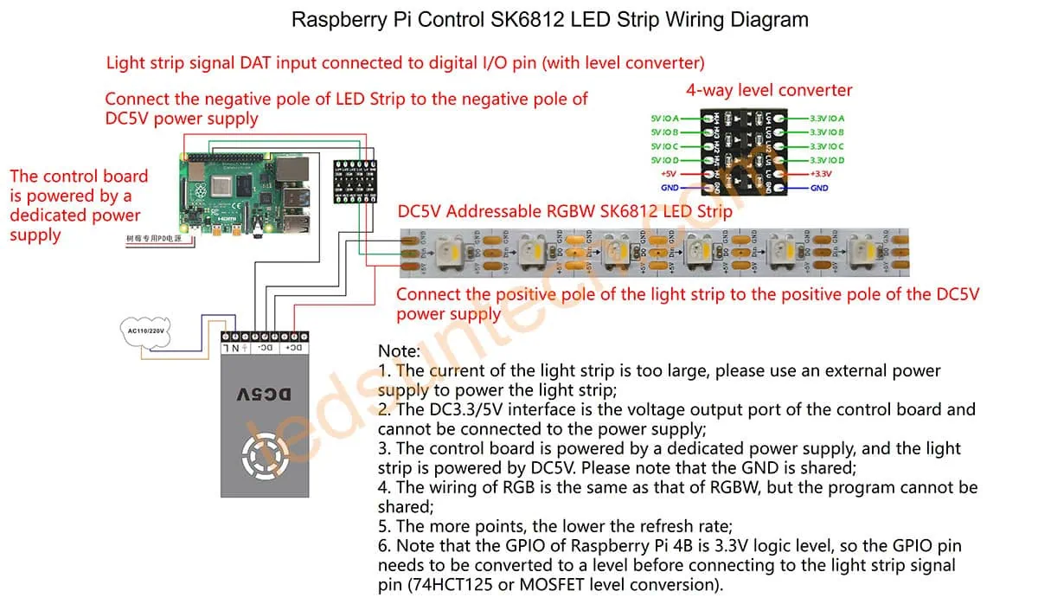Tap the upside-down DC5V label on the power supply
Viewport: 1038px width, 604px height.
(x=264, y=394)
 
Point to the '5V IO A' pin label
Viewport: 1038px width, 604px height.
(x=664, y=119)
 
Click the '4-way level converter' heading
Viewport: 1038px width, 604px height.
(x=768, y=90)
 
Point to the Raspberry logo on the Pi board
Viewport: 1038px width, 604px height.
(x=204, y=191)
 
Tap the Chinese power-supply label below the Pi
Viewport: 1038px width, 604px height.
(x=153, y=238)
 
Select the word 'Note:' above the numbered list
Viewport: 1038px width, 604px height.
(x=399, y=351)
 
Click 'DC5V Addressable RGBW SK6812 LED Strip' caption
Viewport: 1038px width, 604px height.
(x=564, y=211)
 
